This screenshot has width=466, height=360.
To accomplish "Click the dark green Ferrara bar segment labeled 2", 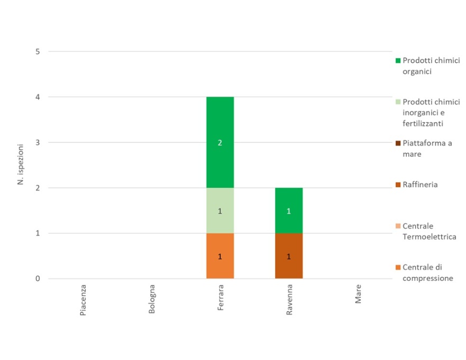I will click(x=220, y=143).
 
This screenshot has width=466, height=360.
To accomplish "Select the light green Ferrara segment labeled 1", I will click(x=220, y=211).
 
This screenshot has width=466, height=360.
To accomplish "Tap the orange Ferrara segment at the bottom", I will click(x=220, y=256).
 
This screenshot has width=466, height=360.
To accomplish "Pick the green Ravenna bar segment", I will click(x=289, y=211).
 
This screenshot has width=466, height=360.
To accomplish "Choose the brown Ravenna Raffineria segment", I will click(x=289, y=256).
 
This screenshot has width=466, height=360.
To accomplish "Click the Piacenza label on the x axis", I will click(x=83, y=300).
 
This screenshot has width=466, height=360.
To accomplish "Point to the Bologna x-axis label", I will click(x=152, y=300).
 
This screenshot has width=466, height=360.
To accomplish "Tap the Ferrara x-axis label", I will click(x=220, y=299).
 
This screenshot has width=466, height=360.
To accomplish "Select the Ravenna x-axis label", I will click(x=289, y=300).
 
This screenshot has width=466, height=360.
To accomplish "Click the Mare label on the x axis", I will click(x=358, y=296).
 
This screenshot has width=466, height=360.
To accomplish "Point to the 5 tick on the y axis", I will click(x=38, y=52).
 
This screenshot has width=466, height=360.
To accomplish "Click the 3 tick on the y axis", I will click(x=38, y=143).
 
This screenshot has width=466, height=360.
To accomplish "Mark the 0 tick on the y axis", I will click(x=38, y=279).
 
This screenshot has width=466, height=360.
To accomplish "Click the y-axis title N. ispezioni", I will click(x=21, y=165).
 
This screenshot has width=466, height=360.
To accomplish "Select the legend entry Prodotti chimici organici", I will click(x=427, y=66).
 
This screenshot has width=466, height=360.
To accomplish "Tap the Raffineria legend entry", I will click(x=420, y=185).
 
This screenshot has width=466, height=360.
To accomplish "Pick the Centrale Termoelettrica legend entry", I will click(x=428, y=231).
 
